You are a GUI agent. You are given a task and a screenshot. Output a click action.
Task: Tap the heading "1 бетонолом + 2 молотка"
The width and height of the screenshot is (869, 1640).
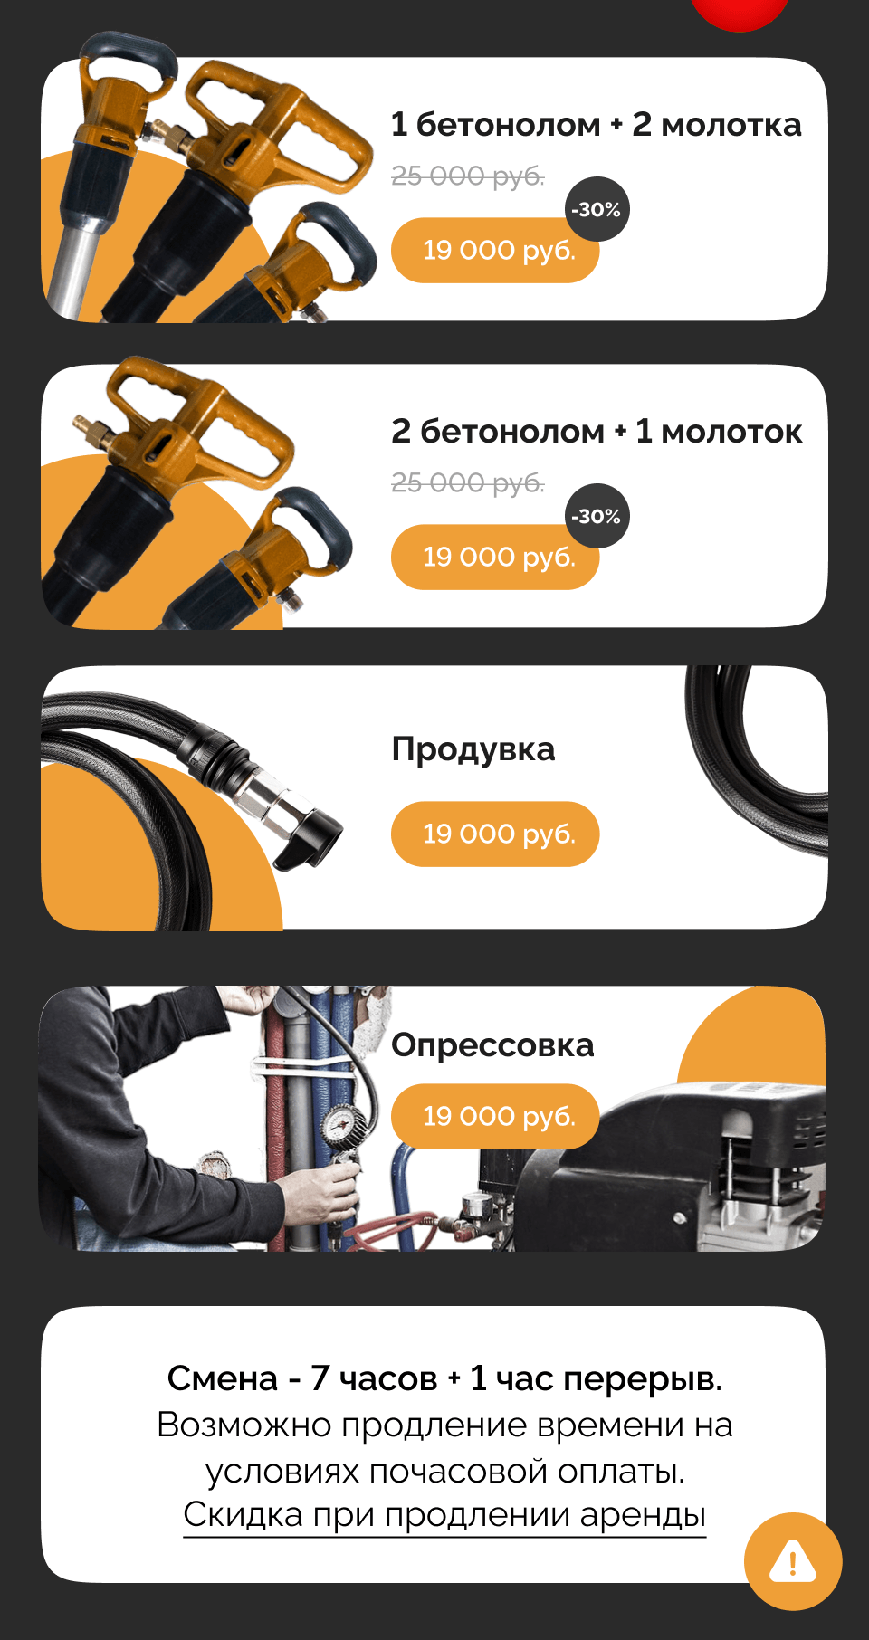pyautogui.click(x=596, y=125)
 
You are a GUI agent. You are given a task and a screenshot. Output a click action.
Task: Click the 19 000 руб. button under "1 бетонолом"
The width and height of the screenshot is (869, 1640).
pyautogui.click(x=495, y=251)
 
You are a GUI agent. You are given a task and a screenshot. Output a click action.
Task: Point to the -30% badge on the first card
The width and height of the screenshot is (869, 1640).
pyautogui.click(x=597, y=209)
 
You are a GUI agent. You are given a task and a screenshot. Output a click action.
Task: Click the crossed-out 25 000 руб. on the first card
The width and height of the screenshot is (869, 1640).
pyautogui.click(x=467, y=176)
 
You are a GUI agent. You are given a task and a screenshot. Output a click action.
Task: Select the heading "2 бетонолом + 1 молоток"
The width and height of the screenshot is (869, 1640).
pyautogui.click(x=597, y=432)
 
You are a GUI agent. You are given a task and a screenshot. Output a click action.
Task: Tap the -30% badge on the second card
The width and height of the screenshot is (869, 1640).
pyautogui.click(x=597, y=516)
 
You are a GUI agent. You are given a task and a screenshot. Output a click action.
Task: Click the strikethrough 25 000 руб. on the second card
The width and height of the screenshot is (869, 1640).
pyautogui.click(x=467, y=482)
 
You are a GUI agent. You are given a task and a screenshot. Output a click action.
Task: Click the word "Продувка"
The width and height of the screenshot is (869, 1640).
pyautogui.click(x=473, y=750)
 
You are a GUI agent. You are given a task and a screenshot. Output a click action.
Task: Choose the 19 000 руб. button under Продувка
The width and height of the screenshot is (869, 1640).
pyautogui.click(x=495, y=834)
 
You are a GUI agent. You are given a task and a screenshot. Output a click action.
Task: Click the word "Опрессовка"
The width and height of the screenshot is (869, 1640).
pyautogui.click(x=492, y=1046)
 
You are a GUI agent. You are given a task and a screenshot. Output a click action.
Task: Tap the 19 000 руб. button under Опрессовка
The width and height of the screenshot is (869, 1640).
pyautogui.click(x=495, y=1117)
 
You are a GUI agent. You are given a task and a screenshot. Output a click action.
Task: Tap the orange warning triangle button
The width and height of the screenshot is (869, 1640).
pyautogui.click(x=793, y=1561)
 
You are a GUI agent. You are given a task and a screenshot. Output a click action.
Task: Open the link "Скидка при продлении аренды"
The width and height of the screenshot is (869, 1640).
pyautogui.click(x=444, y=1515)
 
